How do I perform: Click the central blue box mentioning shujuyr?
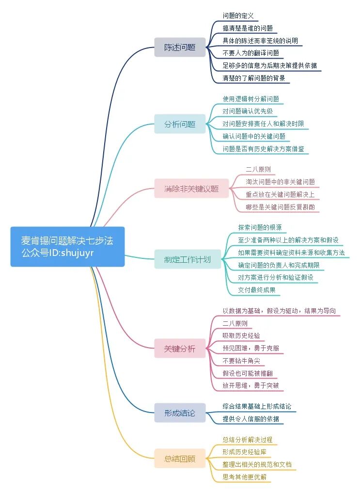click(67, 246)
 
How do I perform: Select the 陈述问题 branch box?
click(180, 47)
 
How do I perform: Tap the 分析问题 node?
click(180, 124)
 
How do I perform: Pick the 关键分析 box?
click(180, 348)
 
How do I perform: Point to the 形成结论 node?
click(180, 413)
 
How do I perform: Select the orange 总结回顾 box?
click(180, 458)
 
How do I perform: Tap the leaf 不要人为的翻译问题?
click(250, 53)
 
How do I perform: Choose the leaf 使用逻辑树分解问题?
click(250, 99)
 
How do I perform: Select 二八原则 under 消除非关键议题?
click(258, 170)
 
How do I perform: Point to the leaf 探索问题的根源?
click(260, 227)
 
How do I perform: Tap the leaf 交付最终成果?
click(256, 290)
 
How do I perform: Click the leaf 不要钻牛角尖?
click(244, 361)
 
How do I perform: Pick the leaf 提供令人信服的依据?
click(250, 418)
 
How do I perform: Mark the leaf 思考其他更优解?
click(244, 477)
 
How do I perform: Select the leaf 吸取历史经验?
click(241, 335)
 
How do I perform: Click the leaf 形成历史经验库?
click(244, 452)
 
